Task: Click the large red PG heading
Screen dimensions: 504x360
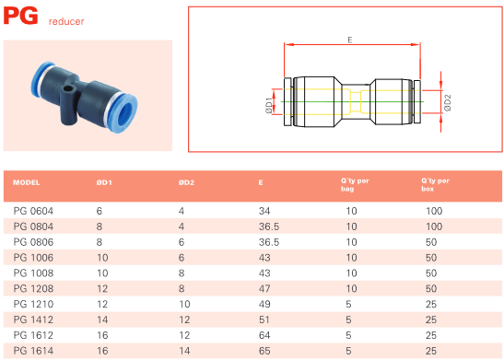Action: pyautogui.click(x=21, y=16)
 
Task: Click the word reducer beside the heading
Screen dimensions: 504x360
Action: pyautogui.click(x=66, y=21)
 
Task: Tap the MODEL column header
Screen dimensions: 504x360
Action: pyautogui.click(x=27, y=182)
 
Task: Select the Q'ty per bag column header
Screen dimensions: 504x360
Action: pyautogui.click(x=355, y=185)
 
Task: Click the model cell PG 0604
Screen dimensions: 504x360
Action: pyautogui.click(x=33, y=211)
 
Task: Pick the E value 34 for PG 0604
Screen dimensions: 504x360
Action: pyautogui.click(x=264, y=211)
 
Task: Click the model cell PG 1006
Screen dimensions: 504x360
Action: pyautogui.click(x=33, y=258)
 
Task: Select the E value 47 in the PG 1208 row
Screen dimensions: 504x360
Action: pyautogui.click(x=264, y=289)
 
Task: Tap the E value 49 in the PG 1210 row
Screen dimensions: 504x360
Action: pyautogui.click(x=264, y=304)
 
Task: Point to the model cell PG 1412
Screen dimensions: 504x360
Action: pyautogui.click(x=33, y=319)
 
